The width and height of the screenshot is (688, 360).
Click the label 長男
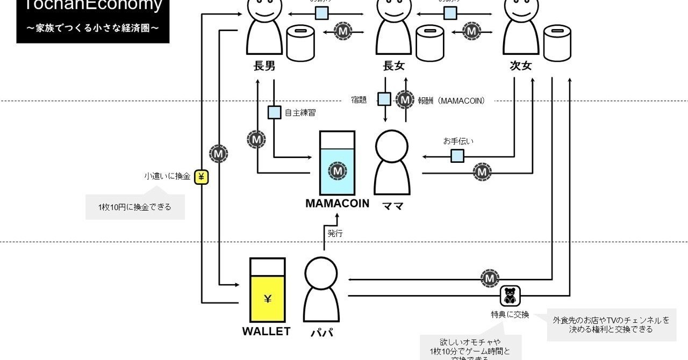coord(264,66)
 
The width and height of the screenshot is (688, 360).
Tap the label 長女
coord(393,66)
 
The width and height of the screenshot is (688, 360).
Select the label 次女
coord(520,66)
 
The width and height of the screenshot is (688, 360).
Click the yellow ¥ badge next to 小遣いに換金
coord(201,176)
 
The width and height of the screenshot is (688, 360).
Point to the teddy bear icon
coord(510,295)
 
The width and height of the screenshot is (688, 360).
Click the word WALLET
coord(266,332)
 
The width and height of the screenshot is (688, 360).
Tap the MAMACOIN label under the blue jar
coord(337,204)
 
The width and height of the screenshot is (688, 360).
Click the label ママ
coord(392,206)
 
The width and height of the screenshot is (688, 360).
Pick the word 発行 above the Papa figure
coord(335,234)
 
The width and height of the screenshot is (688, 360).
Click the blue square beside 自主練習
coord(274,113)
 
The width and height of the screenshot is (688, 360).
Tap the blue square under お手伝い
coord(457,156)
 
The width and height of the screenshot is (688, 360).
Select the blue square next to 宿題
coord(384,99)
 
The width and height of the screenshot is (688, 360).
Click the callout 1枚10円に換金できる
coord(135,207)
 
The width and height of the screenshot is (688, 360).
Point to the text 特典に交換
coord(510,315)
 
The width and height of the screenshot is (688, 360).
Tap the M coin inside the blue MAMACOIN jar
coord(337,171)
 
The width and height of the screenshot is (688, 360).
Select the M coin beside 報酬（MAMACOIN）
coord(405,99)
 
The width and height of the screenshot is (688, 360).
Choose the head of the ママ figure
coord(392,147)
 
